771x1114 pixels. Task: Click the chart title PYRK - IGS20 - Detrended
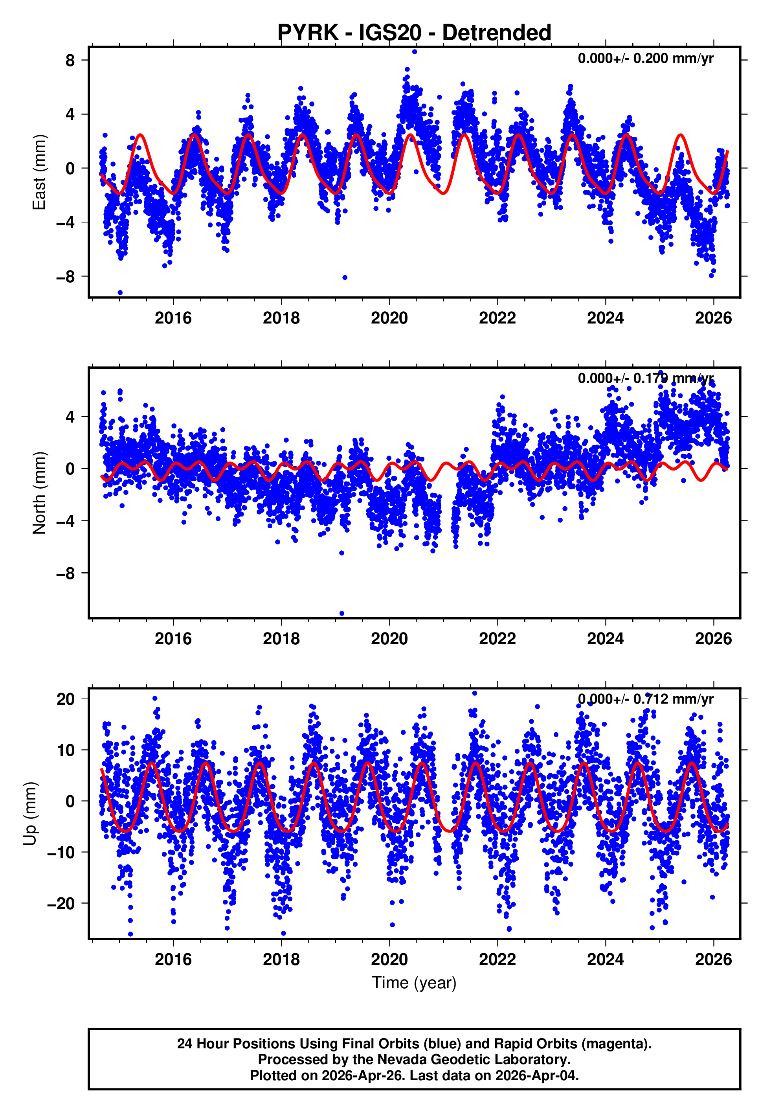pos(414,33)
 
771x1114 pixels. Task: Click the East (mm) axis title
pos(39,173)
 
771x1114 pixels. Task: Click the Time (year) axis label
pos(414,983)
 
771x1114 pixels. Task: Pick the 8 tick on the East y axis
pos(70,61)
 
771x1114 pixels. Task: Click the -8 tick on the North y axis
pos(66,574)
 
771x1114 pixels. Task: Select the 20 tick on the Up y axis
pos(66,699)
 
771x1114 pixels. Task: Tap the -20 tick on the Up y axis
pos(61,903)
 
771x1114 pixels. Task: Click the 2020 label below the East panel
pos(389,318)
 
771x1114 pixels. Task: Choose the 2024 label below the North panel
pos(605,639)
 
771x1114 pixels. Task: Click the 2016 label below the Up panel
pos(173,960)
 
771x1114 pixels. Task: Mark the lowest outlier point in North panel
pos(341,614)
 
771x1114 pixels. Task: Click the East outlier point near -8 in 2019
pos(345,277)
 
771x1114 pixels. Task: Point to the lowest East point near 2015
pos(120,293)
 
